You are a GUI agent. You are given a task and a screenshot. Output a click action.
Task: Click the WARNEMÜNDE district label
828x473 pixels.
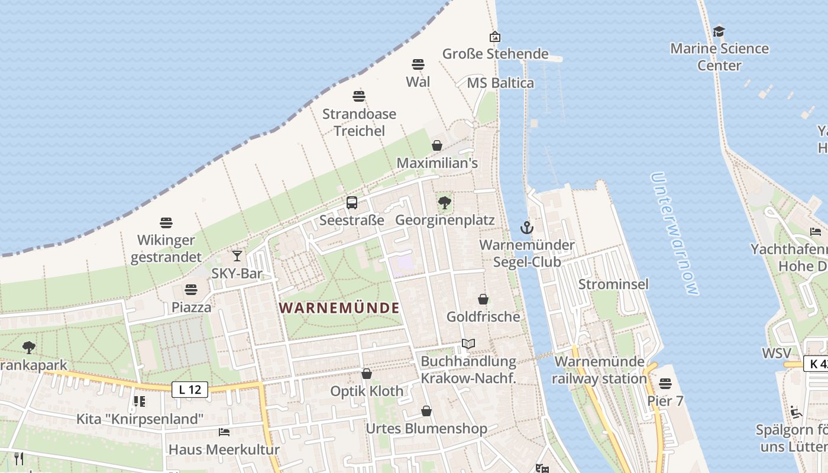coord(339,308)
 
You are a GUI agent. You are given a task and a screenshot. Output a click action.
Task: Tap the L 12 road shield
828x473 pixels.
coord(190,389)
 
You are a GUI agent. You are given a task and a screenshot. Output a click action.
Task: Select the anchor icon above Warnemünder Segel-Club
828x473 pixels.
coord(526,227)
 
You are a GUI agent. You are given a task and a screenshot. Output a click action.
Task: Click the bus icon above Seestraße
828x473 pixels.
coord(352,203)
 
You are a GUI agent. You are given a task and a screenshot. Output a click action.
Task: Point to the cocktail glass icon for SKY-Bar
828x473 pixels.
coord(237,255)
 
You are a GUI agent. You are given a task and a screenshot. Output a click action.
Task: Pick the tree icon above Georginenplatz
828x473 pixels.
coord(445,203)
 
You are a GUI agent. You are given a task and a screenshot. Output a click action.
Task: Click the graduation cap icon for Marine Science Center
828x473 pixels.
coord(719,31)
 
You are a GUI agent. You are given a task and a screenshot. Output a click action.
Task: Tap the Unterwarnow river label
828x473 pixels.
coord(674,234)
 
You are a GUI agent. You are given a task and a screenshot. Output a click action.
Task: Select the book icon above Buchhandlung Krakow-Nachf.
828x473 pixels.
coord(468,344)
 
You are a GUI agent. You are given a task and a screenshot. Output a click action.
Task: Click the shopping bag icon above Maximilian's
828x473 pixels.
coord(437,145)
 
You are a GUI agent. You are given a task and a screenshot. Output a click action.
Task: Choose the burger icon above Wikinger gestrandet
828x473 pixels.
coord(166,223)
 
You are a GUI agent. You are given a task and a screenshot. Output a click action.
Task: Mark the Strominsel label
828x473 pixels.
coord(613,284)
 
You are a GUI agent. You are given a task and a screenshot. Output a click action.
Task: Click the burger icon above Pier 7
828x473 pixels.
coord(665,384)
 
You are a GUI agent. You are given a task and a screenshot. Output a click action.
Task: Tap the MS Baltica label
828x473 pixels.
coord(500,83)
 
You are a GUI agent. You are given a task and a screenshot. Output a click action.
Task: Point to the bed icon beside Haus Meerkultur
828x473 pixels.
coord(224,432)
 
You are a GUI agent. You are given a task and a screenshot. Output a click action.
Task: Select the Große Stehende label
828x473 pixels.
coord(496,54)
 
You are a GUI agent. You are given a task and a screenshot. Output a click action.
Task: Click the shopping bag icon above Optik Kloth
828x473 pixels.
coord(367,374)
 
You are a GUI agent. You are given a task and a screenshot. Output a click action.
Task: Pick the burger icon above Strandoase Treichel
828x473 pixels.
coord(359,96)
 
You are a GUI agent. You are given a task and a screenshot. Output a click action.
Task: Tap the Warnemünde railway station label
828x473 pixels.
coord(600,370)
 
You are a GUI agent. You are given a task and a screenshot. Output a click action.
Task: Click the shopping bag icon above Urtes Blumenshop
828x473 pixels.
coord(426,411)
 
